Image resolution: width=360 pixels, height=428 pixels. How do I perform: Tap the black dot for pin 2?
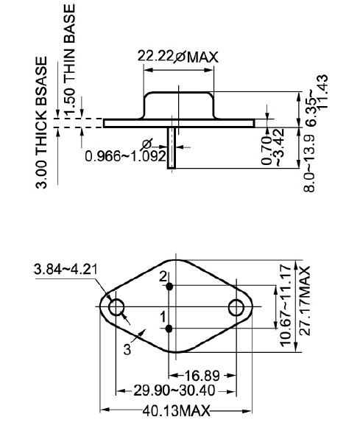170,287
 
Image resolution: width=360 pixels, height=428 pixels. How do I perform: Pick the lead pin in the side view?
172,147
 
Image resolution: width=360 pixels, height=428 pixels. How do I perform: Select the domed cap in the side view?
179,105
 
